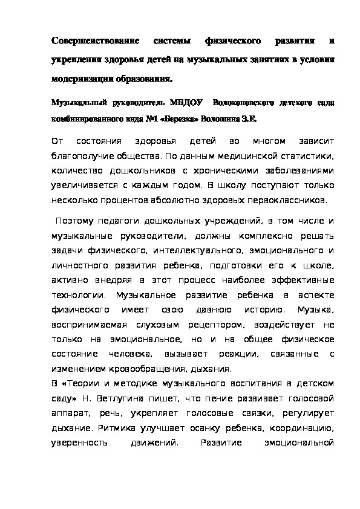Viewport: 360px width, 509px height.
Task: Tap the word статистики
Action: click(304, 155)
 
